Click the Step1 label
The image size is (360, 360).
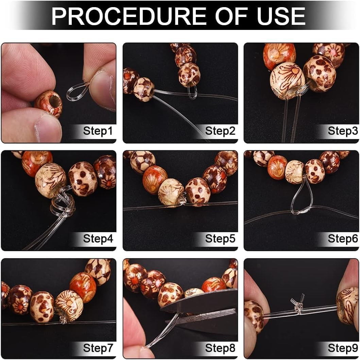[x=98, y=131]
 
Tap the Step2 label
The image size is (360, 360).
[x=220, y=131]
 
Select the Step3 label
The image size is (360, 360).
[x=343, y=131]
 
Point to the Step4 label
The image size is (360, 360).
[x=98, y=239]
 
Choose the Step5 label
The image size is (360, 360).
[x=220, y=239]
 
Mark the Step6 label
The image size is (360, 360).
[x=343, y=239]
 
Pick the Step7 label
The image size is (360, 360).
[x=98, y=348]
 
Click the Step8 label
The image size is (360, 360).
[x=220, y=348]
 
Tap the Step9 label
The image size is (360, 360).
[x=343, y=348]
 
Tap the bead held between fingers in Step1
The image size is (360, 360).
[x=49, y=103]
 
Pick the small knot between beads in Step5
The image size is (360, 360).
[x=183, y=202]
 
